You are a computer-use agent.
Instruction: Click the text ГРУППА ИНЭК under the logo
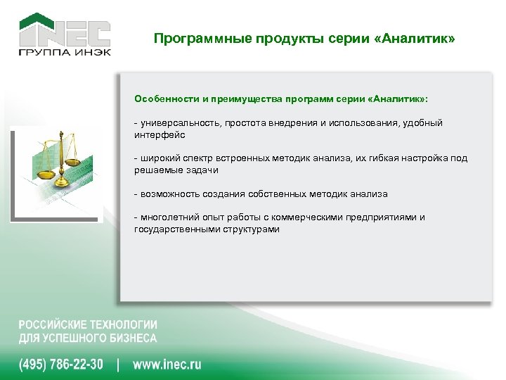click(x=64, y=52)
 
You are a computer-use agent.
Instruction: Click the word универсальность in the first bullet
click(x=179, y=123)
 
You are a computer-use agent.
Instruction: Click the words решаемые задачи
click(x=176, y=170)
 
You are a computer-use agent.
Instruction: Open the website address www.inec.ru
click(x=167, y=365)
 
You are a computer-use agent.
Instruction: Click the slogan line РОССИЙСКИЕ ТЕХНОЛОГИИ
click(x=88, y=325)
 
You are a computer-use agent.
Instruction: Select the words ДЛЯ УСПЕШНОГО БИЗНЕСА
click(x=88, y=338)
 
